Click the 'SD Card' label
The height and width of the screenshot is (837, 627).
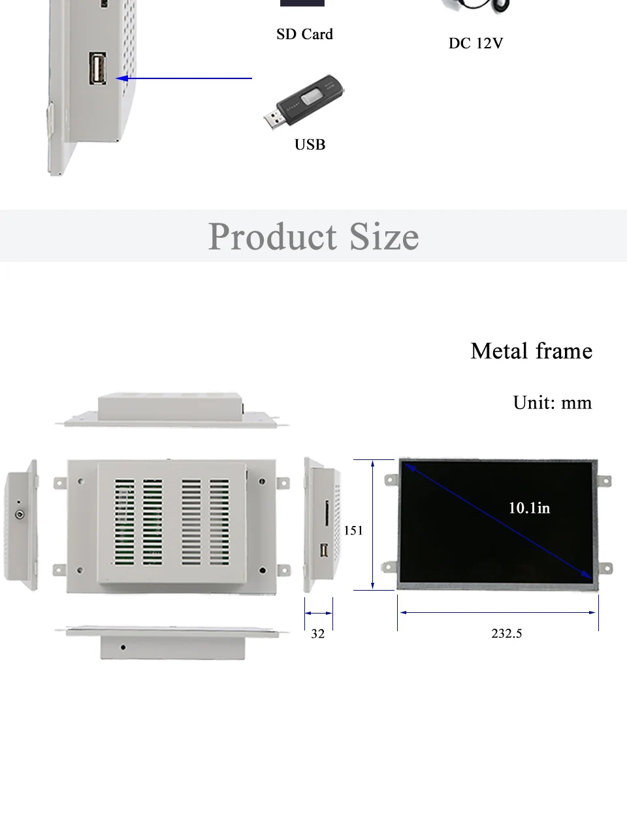(304, 35)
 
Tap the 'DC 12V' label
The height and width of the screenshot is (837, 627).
(475, 43)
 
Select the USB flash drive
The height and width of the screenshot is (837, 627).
(304, 102)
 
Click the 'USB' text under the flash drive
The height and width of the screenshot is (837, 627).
(310, 144)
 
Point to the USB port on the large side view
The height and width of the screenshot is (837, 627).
(98, 68)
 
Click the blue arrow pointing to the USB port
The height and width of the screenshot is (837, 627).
(184, 78)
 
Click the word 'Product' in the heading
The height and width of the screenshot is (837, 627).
(272, 237)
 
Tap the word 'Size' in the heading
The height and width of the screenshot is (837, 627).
(384, 237)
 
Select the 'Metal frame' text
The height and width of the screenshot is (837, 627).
(532, 351)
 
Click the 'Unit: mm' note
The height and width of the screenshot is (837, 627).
(553, 402)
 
